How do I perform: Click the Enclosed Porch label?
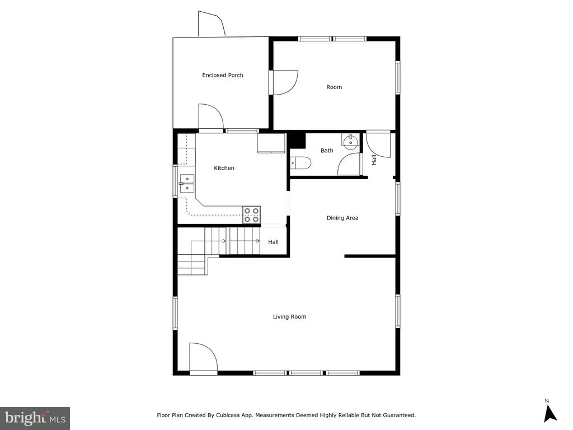[x=223, y=75]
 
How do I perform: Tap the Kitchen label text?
[x=224, y=168]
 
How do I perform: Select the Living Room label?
[x=289, y=317]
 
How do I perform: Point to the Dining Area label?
[x=342, y=218]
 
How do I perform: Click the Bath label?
[x=327, y=150]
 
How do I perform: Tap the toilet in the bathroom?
[x=300, y=163]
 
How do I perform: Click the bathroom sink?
[x=351, y=141]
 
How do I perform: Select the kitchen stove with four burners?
[x=252, y=215]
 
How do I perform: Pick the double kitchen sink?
[x=187, y=184]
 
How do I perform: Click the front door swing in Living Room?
[x=204, y=358]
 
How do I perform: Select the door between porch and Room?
[x=284, y=83]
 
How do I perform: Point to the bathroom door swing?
[x=349, y=164]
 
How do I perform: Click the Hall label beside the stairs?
[x=273, y=242]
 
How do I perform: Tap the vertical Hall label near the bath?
[x=374, y=160]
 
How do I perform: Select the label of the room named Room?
[x=334, y=87]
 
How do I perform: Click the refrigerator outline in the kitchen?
[x=271, y=143]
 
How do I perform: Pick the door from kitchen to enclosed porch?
[x=211, y=117]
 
